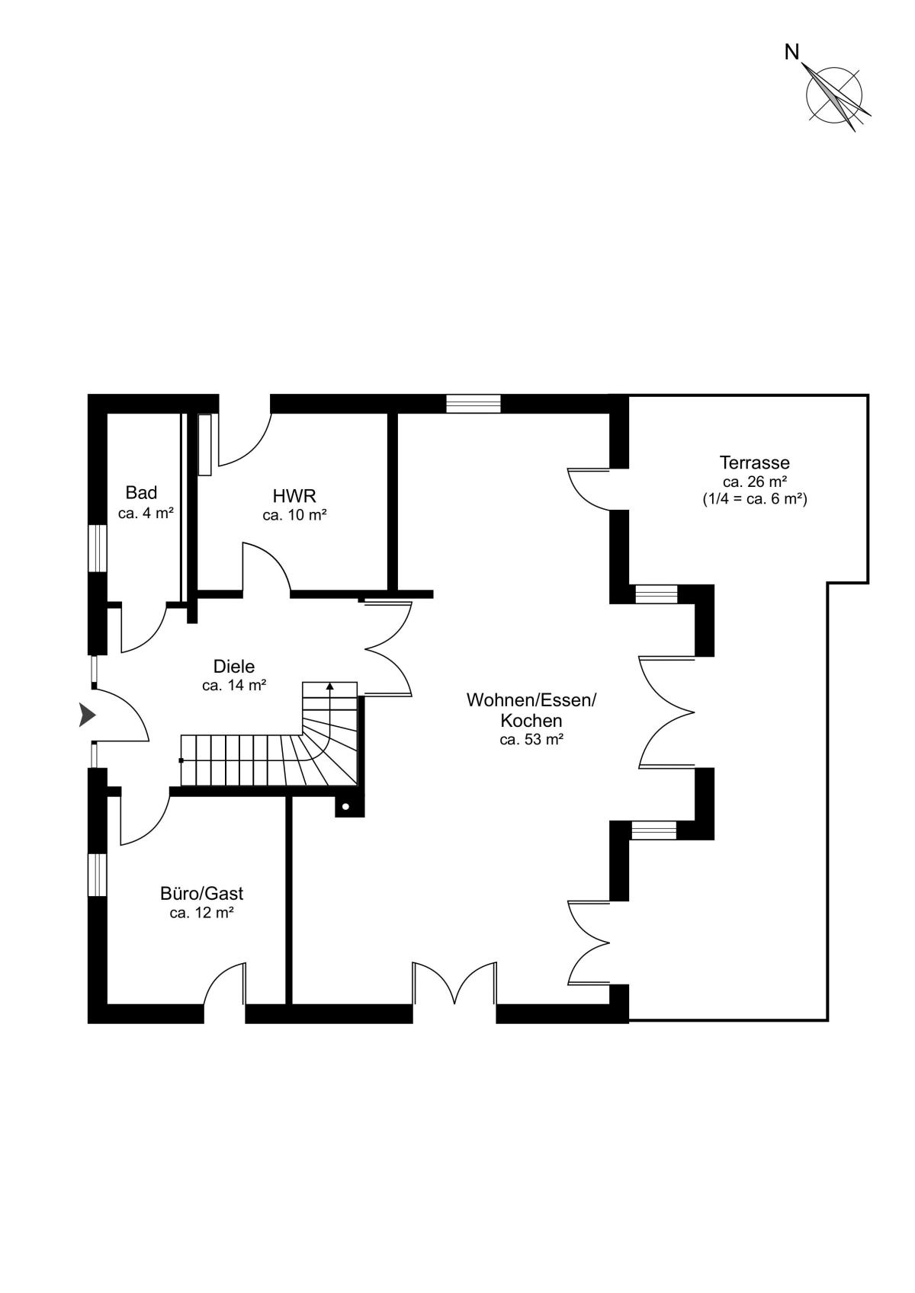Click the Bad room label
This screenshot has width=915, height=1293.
(x=141, y=493)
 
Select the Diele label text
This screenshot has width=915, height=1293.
(x=234, y=667)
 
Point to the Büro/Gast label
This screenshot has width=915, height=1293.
(x=201, y=894)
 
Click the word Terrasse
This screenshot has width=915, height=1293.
(x=754, y=462)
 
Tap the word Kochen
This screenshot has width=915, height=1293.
(x=531, y=720)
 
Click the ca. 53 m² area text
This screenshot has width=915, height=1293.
(x=531, y=739)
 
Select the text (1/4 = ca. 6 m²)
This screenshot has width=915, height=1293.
(x=754, y=499)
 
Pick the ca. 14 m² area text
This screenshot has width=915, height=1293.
(x=234, y=685)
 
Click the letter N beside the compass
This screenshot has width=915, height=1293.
(x=792, y=53)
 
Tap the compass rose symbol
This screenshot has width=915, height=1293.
(x=835, y=94)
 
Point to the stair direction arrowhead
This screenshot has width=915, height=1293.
(x=330, y=686)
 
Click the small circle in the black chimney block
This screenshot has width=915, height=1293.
(x=346, y=807)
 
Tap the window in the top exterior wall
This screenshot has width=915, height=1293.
(x=473, y=404)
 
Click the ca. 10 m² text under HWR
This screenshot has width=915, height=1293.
(x=294, y=515)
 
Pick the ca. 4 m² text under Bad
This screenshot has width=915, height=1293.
(x=146, y=513)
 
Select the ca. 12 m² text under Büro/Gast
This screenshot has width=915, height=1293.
(x=201, y=913)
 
